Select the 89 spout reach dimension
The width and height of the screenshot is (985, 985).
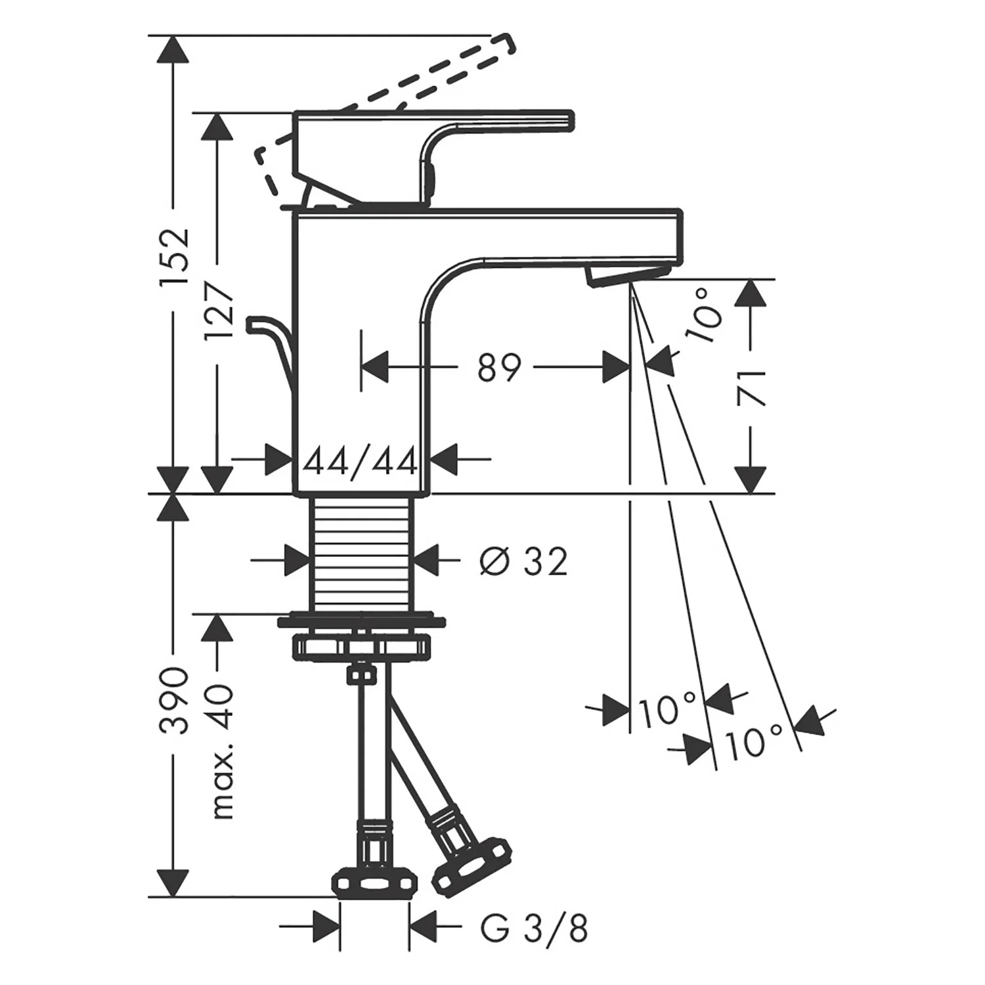pos(498,367)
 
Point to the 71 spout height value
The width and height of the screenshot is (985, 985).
pos(750,387)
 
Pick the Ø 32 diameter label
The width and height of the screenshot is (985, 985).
pos(523,562)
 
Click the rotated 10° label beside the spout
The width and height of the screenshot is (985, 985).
pos(703,317)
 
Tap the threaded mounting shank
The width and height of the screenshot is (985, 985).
pos(360,553)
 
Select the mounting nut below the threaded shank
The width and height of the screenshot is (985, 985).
pos(361,644)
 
